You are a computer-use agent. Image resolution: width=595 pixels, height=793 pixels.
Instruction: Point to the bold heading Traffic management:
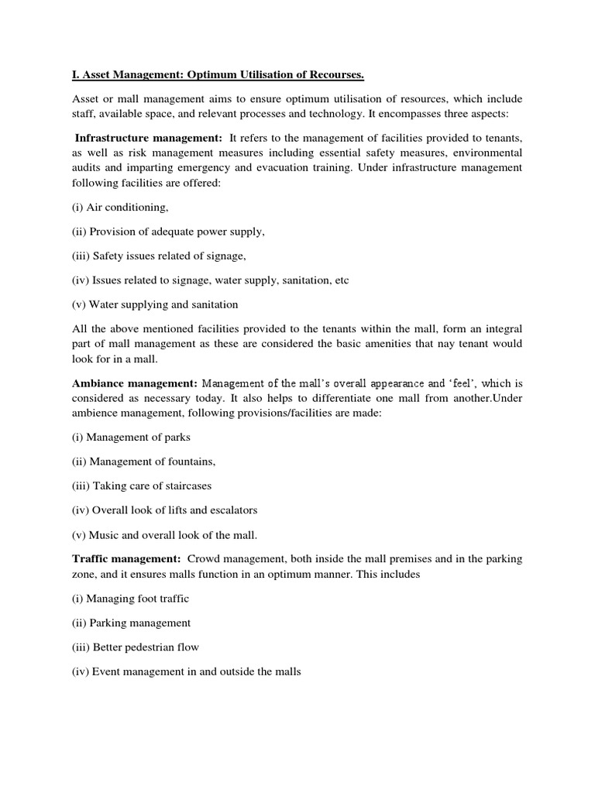click(126, 558)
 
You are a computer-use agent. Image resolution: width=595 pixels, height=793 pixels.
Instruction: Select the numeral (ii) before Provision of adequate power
click(80, 232)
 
